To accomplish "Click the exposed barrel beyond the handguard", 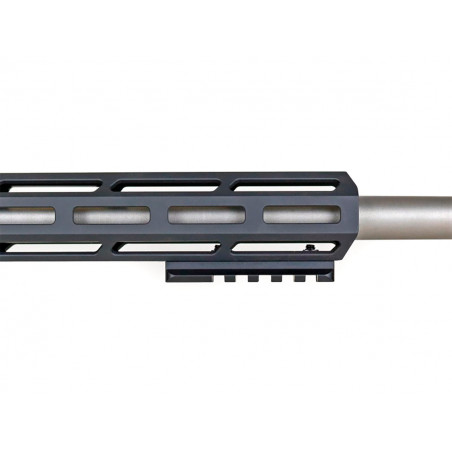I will point(410,214).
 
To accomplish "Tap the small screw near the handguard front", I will point(311,247).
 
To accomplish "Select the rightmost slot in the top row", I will point(288,184).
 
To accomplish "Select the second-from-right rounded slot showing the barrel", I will point(206,214).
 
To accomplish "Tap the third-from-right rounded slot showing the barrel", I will point(111,215).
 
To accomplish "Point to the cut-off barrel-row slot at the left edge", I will point(24,215).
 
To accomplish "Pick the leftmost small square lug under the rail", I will point(229,279).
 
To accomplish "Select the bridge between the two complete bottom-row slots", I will point(224,246).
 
